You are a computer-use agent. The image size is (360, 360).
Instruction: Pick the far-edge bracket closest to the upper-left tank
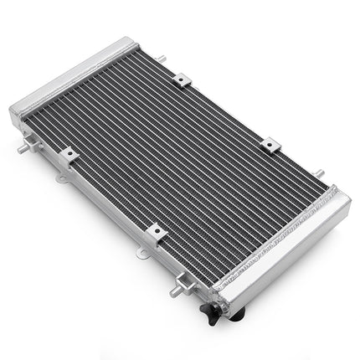tap(183, 80)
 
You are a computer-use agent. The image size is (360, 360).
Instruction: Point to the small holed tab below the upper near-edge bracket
tap(77, 177)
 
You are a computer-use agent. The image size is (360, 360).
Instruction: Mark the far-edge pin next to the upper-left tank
tap(161, 58)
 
